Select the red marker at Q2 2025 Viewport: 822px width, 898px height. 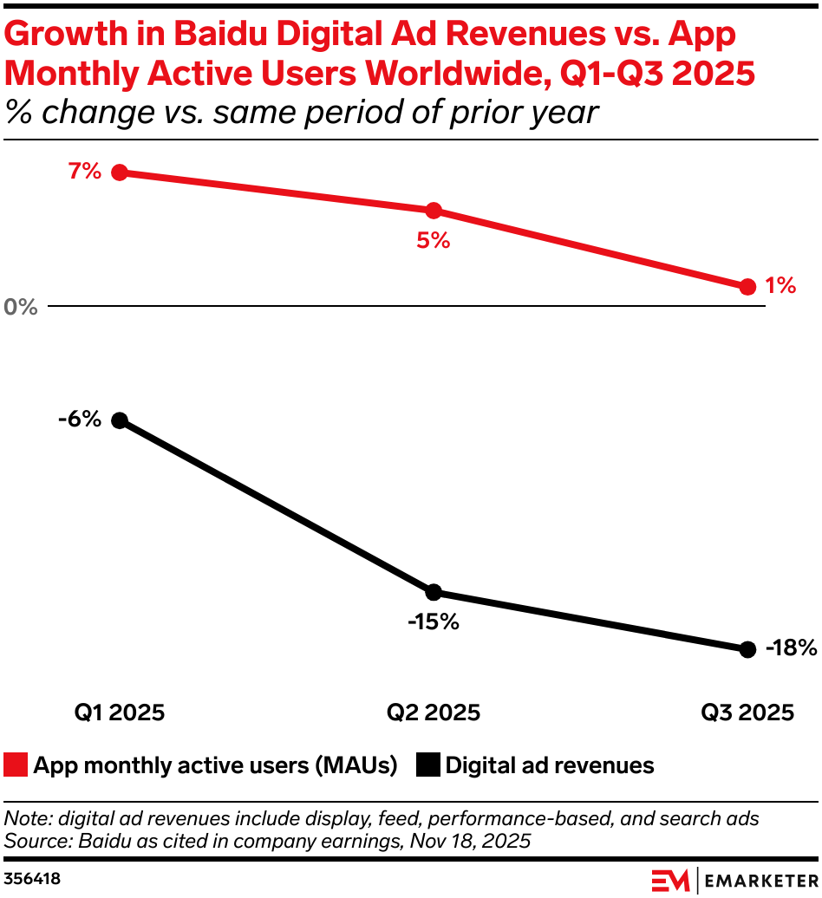(x=434, y=211)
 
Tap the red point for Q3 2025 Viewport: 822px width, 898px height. (x=747, y=287)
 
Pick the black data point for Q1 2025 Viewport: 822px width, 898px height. (x=120, y=420)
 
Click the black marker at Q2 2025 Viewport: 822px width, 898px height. (x=434, y=592)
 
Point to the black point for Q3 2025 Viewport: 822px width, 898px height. (x=747, y=649)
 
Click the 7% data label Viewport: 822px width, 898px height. (x=85, y=172)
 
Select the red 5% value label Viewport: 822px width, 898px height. (x=434, y=241)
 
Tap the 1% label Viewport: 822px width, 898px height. (x=780, y=285)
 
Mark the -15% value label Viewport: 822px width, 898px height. (x=434, y=622)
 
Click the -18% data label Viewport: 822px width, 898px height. (x=791, y=647)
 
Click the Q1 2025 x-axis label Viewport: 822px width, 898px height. (x=120, y=713)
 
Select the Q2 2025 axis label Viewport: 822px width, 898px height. (x=434, y=713)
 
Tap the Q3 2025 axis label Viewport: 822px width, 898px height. (x=747, y=713)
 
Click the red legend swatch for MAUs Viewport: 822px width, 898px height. (x=16, y=765)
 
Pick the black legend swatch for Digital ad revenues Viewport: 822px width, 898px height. (x=428, y=765)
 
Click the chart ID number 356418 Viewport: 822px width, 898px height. (x=32, y=878)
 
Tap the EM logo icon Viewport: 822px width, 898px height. (x=670, y=878)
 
